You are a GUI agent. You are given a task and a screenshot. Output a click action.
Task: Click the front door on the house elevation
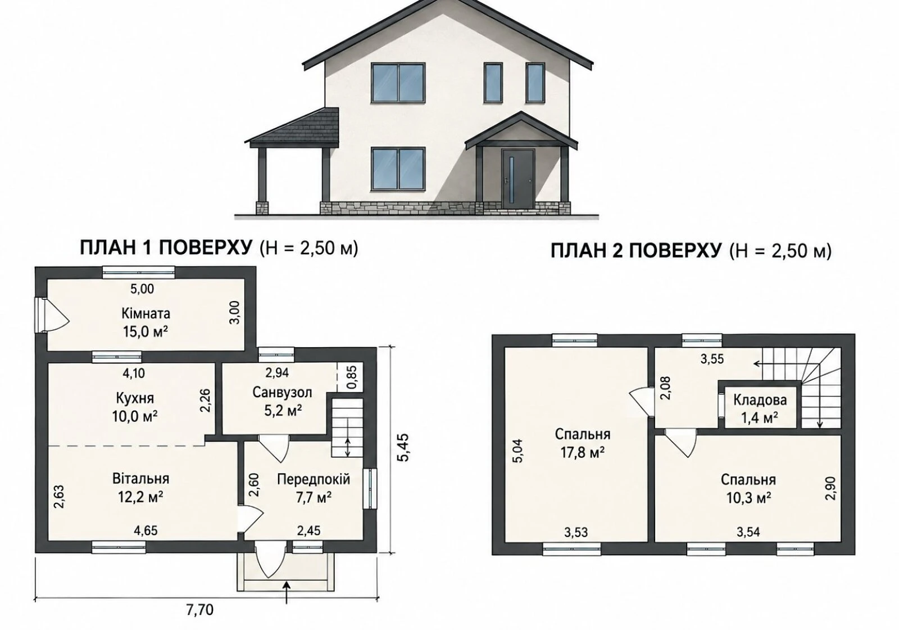[x=517, y=179]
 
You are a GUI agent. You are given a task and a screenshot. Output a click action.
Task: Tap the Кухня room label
[x=135, y=398]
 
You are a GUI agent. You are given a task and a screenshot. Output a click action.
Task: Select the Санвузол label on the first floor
[x=282, y=392]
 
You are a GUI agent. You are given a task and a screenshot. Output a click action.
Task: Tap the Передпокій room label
[x=314, y=479]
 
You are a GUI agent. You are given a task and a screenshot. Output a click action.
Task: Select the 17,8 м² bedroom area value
[x=583, y=453]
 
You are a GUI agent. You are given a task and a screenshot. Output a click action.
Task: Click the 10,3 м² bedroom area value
[x=748, y=498]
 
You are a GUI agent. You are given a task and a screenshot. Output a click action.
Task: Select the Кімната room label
[x=146, y=313]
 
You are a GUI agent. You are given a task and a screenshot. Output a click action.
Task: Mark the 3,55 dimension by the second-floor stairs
[x=712, y=358]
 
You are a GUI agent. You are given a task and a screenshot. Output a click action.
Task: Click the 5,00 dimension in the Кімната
[x=142, y=289]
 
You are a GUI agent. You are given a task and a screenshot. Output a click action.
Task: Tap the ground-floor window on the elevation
[x=398, y=168]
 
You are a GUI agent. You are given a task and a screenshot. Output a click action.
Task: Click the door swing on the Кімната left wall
[x=52, y=315]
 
